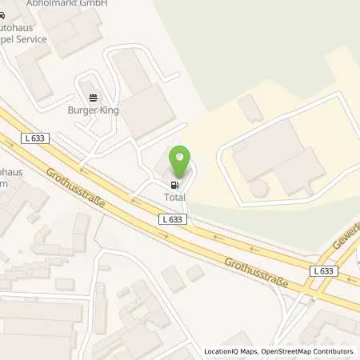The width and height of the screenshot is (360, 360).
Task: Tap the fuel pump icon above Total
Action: coord(174,184)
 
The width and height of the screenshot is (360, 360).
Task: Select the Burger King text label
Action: coord(94,110)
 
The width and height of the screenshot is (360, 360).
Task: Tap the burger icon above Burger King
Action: coord(93,98)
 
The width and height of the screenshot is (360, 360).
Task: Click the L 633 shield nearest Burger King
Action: coord(34,138)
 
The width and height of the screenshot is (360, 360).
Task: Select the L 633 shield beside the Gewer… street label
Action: coord(323,271)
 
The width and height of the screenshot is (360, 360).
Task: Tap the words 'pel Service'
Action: coord(19,37)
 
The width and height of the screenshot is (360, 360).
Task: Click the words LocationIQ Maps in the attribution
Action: coord(229,351)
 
